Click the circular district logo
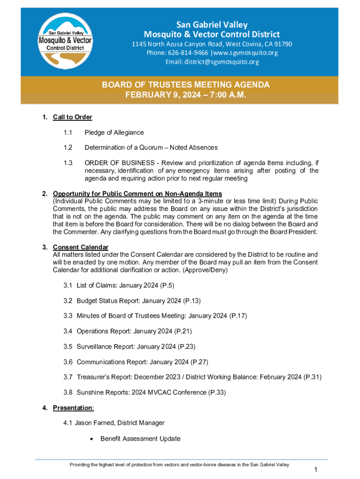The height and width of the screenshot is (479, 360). click(x=65, y=41)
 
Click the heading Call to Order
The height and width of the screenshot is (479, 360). click(x=72, y=117)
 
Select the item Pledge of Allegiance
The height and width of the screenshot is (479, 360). click(x=114, y=132)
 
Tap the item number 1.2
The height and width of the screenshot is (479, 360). click(x=68, y=147)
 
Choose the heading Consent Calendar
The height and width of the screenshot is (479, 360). click(x=80, y=247)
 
